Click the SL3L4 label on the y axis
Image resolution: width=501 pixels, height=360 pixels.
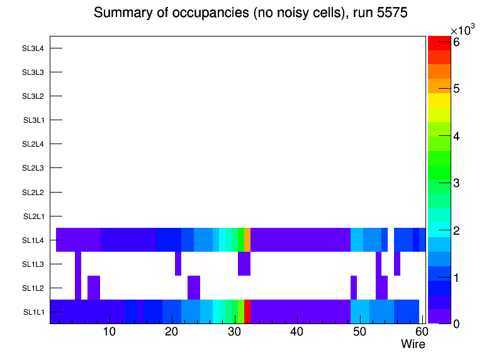tap(33, 48)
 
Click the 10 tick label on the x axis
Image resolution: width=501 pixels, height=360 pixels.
tap(109, 332)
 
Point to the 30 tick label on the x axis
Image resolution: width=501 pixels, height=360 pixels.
tap(234, 332)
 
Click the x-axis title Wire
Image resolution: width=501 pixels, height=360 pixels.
tap(413, 344)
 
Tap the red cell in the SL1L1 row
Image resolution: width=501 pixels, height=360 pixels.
tap(247, 312)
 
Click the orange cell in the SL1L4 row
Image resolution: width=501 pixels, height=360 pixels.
tap(247, 240)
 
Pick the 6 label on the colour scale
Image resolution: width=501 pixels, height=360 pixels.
tap(456, 42)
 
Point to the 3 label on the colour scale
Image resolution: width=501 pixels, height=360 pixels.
tap(456, 183)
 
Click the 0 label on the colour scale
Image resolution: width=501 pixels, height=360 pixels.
tap(456, 323)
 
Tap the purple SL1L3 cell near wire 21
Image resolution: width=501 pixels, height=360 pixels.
tap(178, 264)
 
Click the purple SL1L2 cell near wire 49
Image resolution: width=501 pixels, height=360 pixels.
tap(354, 288)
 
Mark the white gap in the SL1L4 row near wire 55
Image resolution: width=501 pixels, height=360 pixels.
tap(391, 240)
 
